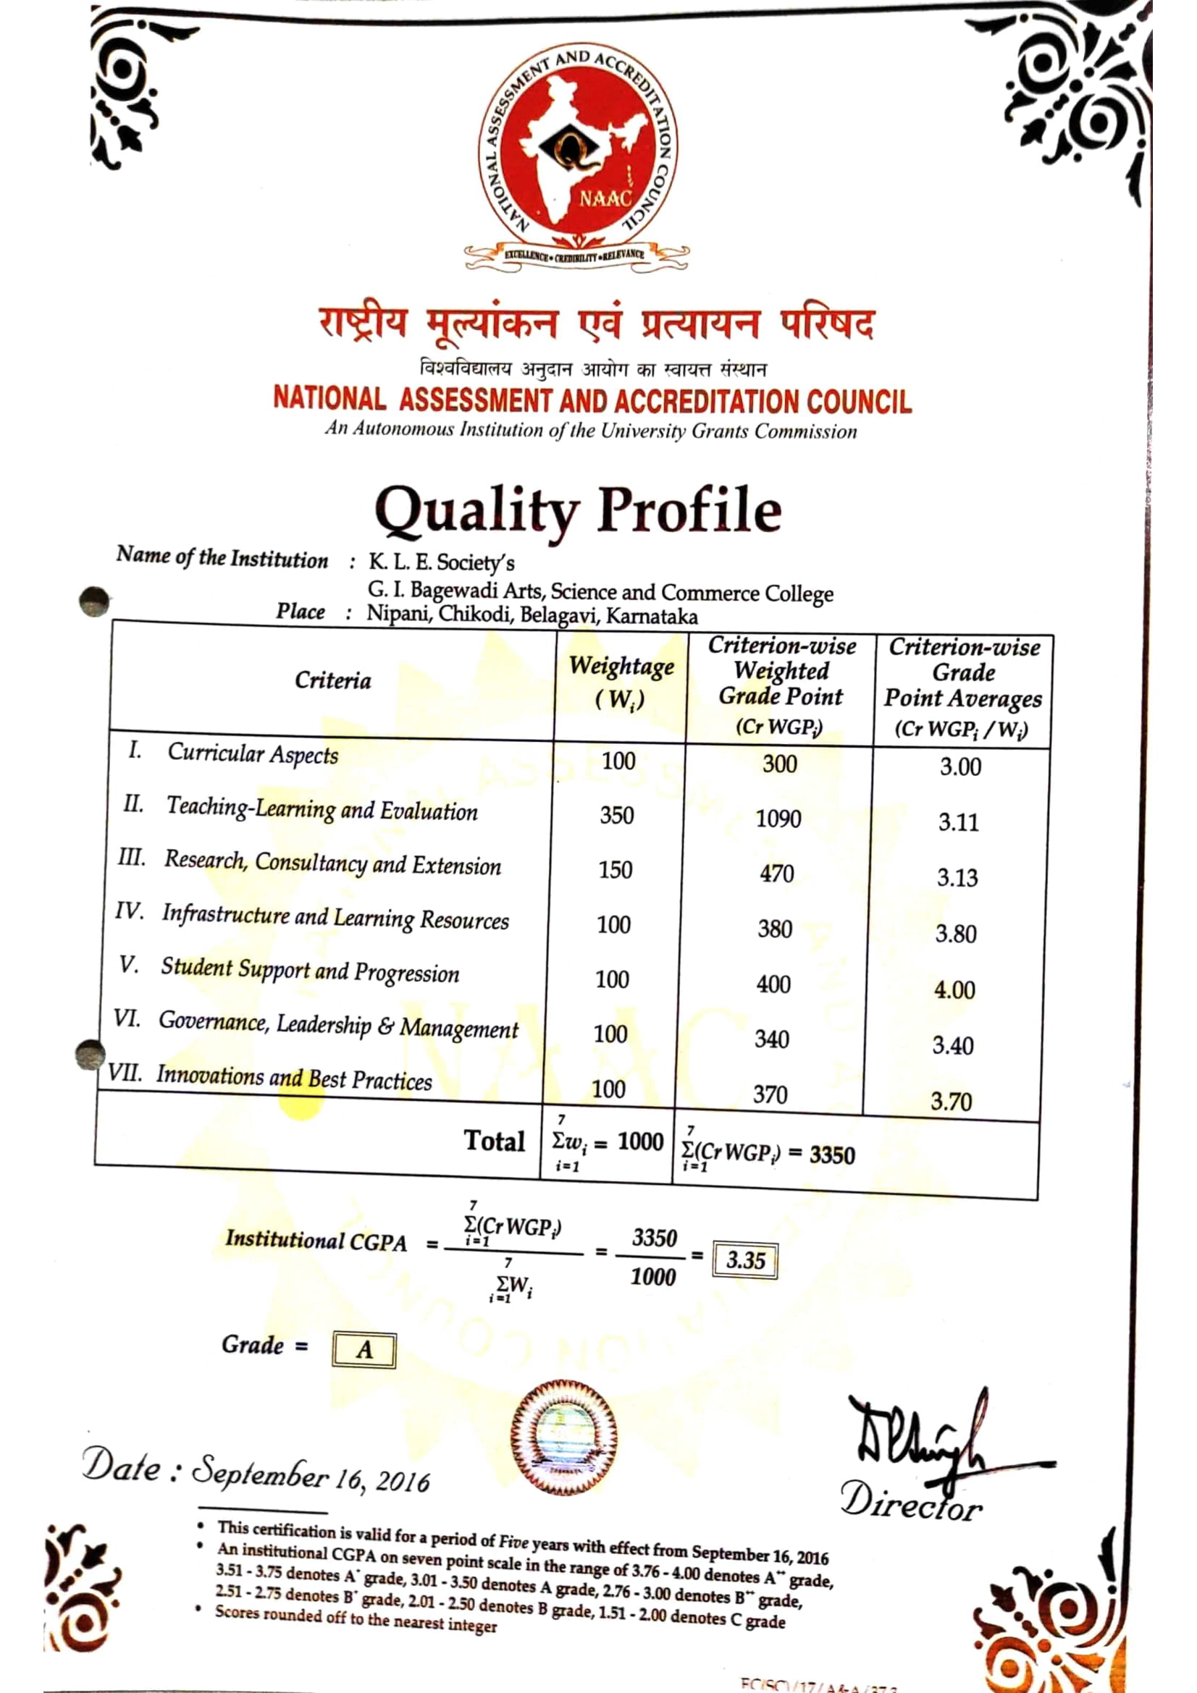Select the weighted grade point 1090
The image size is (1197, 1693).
[x=778, y=819]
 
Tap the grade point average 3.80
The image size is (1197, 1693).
[x=956, y=934]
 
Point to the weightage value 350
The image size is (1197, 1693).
[x=616, y=816]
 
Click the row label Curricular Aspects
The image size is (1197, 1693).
[x=252, y=753]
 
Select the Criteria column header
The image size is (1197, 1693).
[x=332, y=680]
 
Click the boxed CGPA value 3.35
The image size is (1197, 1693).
[x=745, y=1260]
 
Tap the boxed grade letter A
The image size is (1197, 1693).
[x=364, y=1350]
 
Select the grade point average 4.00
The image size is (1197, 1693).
[x=954, y=989]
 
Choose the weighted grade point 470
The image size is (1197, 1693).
[x=776, y=874]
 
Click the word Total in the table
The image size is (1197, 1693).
[x=494, y=1141]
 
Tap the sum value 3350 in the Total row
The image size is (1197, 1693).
[x=832, y=1154]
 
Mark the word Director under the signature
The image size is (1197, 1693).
[x=912, y=1501]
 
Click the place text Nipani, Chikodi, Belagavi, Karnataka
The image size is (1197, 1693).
[x=532, y=615]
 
